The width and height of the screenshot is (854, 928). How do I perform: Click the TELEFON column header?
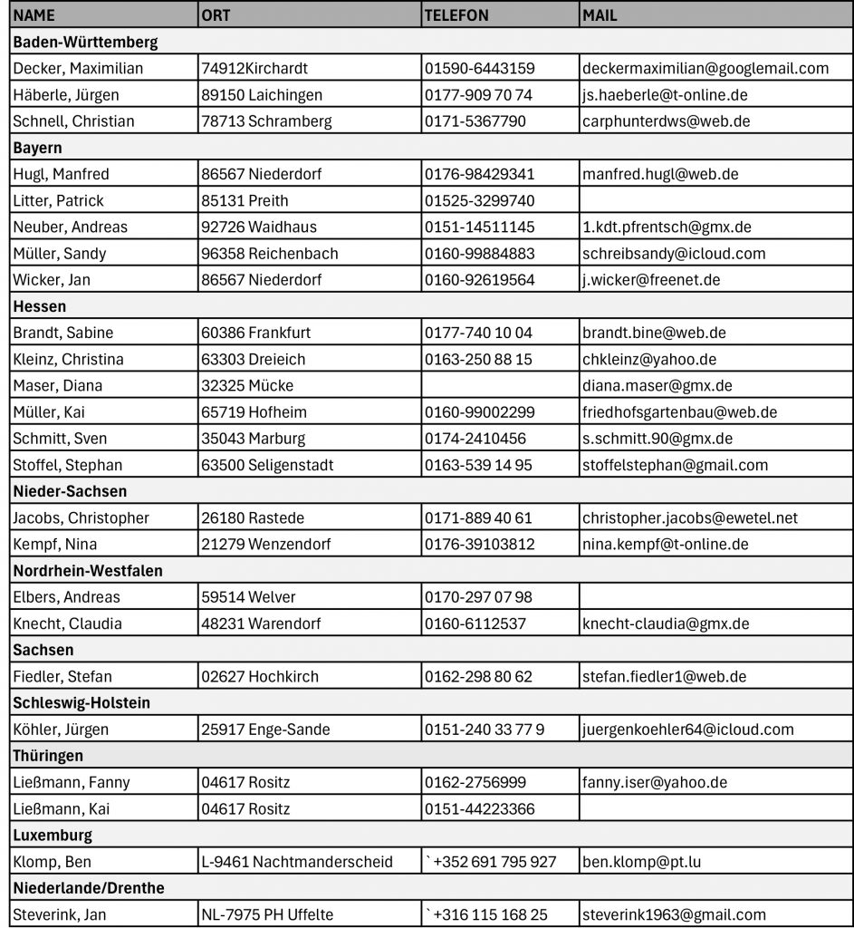click(456, 15)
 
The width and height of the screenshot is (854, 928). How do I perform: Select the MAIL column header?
click(600, 15)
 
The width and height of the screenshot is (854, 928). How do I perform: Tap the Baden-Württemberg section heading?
click(85, 42)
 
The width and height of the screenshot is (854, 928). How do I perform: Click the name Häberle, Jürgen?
click(66, 94)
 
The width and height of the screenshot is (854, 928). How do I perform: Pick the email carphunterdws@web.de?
click(666, 121)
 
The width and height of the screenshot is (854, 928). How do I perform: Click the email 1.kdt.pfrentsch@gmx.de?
click(667, 227)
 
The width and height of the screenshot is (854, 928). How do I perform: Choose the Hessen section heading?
click(40, 306)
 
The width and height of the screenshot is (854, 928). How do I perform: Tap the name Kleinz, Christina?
click(69, 359)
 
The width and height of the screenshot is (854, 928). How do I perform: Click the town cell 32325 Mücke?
click(247, 385)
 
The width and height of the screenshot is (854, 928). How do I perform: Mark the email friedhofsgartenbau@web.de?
click(679, 411)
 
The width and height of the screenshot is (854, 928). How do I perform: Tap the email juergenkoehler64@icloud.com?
click(687, 729)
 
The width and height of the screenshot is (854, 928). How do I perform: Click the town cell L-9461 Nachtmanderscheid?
click(297, 861)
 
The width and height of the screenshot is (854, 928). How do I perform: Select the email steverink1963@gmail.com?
click(674, 914)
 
